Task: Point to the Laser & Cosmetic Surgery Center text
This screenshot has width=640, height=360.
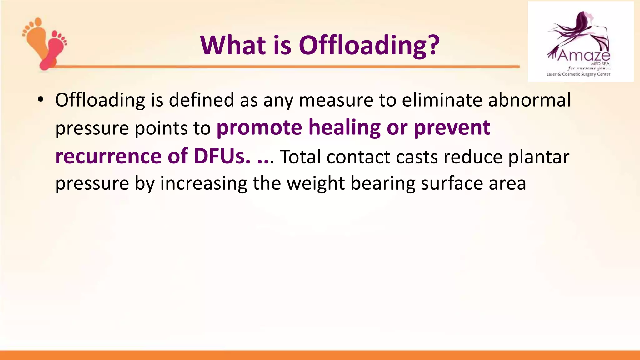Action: point(578,74)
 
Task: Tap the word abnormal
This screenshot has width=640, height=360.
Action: point(529,100)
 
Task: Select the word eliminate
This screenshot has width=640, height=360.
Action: point(442,100)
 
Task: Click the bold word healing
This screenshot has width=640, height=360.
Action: point(344,127)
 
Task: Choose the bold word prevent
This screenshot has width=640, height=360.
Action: point(452,127)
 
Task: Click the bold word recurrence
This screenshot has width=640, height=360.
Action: point(108,156)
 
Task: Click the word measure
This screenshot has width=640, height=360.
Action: point(336,100)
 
